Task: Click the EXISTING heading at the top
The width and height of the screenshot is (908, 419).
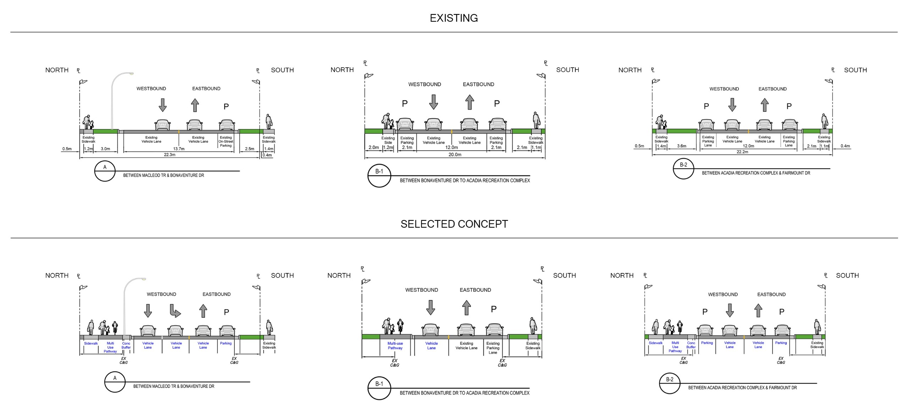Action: [454, 18]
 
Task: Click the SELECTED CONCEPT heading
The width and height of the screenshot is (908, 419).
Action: [454, 224]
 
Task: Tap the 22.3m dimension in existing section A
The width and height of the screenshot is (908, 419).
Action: [170, 155]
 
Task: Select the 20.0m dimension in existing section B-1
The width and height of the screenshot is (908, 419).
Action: [455, 155]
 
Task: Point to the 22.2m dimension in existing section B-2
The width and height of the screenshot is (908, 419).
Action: [742, 152]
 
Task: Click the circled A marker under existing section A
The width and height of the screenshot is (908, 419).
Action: [105, 171]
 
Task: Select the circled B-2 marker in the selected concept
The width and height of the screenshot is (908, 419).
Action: [670, 383]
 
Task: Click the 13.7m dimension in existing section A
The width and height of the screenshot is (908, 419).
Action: [179, 149]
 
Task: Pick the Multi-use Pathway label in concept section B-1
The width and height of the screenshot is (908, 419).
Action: [395, 346]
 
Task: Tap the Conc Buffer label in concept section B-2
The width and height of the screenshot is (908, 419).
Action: [691, 345]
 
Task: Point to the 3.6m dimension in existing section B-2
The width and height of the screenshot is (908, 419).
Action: [681, 146]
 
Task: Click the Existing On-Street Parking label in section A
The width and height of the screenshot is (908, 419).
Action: [226, 141]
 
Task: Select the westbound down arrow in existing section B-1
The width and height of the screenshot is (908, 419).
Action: [433, 102]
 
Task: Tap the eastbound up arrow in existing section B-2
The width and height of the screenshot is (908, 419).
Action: [765, 105]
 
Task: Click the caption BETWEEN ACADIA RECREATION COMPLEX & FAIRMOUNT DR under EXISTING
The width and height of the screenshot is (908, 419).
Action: [756, 173]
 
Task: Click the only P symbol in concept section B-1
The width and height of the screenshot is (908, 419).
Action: [493, 309]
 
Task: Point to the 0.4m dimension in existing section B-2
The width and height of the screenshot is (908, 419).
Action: [845, 146]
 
